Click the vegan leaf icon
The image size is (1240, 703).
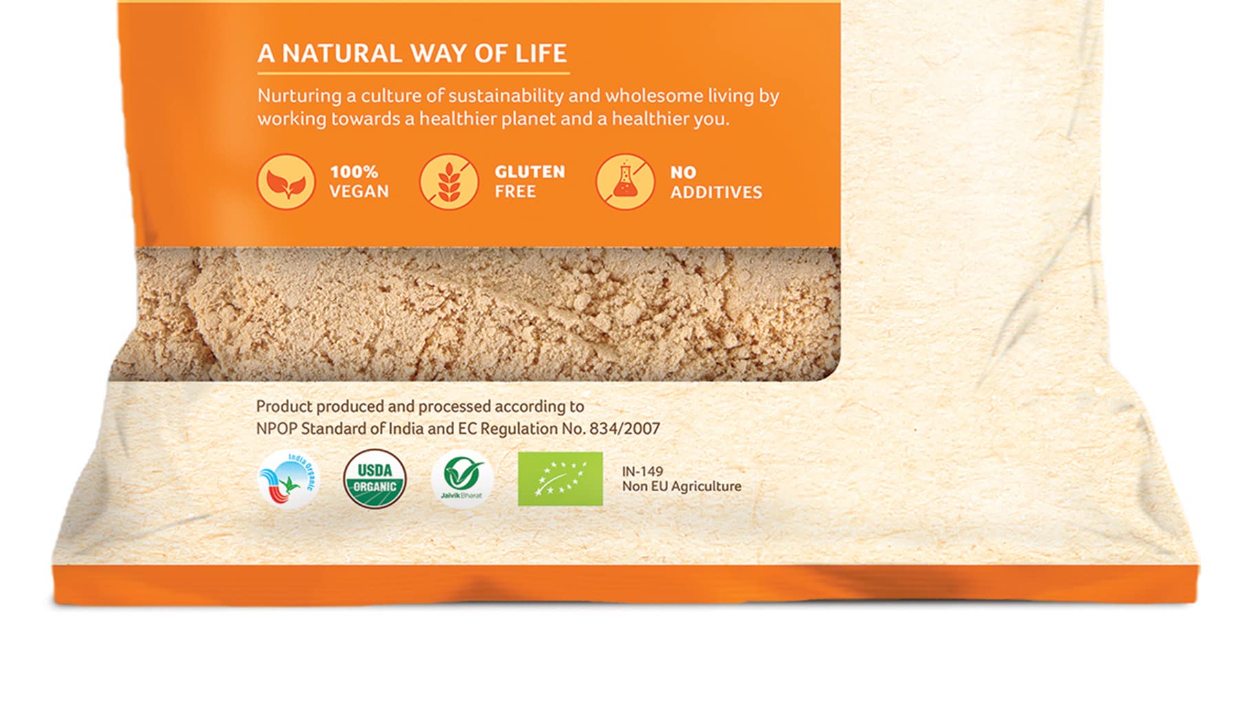(x=286, y=182)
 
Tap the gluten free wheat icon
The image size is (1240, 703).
(x=449, y=182)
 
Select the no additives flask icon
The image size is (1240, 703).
(x=625, y=182)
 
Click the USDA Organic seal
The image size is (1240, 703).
(x=374, y=479)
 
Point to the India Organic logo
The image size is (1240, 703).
(x=288, y=479)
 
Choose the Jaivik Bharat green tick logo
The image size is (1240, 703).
(x=462, y=478)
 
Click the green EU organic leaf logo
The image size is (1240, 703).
(x=560, y=479)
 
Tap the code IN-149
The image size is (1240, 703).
(x=643, y=471)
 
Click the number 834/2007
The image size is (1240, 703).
(x=624, y=429)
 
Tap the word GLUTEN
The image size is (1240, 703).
(x=530, y=172)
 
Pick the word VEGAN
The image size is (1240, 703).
(x=359, y=191)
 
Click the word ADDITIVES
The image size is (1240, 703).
(x=716, y=193)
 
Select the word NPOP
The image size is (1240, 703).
(x=277, y=429)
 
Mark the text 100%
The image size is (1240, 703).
(x=354, y=172)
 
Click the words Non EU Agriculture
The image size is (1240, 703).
(x=682, y=486)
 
